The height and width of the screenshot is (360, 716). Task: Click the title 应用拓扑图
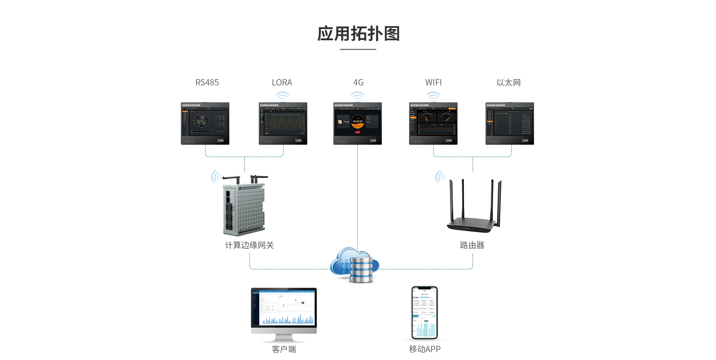(x=358, y=34)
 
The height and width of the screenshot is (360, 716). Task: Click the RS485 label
(x=207, y=82)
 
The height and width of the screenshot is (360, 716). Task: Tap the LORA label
(x=282, y=82)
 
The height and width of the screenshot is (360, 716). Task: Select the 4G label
(x=358, y=82)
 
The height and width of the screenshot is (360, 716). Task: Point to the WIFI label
(x=433, y=82)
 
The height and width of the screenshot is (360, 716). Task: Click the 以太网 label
(x=508, y=82)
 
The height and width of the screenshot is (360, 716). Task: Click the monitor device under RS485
(x=205, y=123)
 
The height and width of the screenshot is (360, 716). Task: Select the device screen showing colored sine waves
(x=283, y=123)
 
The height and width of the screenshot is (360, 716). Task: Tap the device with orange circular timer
(x=358, y=123)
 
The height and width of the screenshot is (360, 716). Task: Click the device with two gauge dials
(x=433, y=123)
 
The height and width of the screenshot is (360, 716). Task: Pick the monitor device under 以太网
(x=510, y=123)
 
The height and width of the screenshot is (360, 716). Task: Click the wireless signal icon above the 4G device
(x=358, y=97)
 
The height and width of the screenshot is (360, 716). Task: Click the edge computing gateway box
(x=244, y=209)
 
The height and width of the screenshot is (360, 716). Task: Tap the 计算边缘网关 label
(x=249, y=245)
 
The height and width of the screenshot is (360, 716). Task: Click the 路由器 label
(x=472, y=245)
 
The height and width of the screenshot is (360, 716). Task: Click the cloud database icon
(x=355, y=265)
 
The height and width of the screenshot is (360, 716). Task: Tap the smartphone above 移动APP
(x=424, y=313)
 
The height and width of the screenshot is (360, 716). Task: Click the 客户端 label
(x=284, y=349)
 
